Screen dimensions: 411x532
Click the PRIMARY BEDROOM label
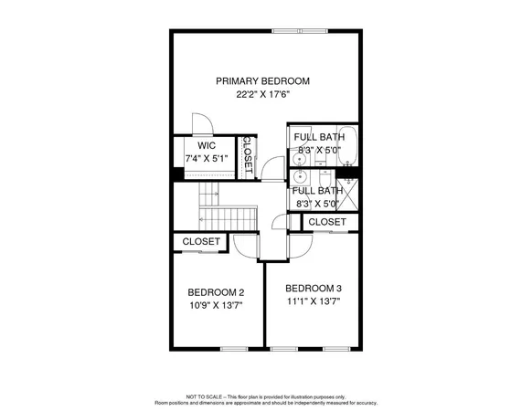(x=262, y=81)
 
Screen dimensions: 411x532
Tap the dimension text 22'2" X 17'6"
(x=262, y=94)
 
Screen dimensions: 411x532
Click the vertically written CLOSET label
(x=246, y=154)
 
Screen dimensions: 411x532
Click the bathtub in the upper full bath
(x=347, y=146)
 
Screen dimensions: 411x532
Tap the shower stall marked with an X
(x=348, y=195)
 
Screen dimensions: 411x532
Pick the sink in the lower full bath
(x=301, y=180)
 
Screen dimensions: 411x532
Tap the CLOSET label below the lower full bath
(x=326, y=222)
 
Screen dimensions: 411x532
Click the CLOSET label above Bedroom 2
(x=201, y=241)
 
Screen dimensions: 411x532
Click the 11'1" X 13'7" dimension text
(x=312, y=300)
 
